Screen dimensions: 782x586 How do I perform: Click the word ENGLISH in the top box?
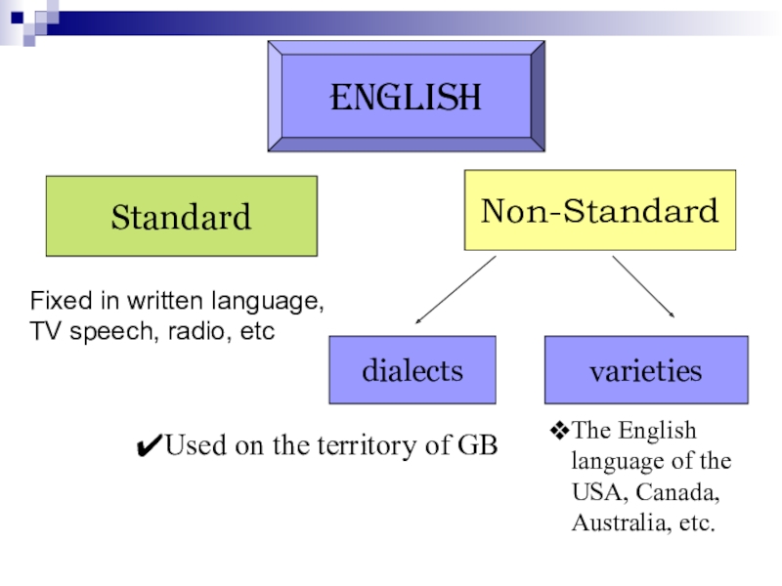tap(406, 98)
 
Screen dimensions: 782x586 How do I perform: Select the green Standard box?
tap(181, 216)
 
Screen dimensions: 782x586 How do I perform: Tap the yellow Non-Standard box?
tap(600, 210)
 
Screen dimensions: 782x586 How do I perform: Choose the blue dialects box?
tap(413, 370)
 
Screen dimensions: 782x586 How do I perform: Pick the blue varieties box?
tap(645, 370)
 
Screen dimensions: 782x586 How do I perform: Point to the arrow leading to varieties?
tap(643, 286)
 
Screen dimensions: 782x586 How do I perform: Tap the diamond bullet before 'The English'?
tap(560, 430)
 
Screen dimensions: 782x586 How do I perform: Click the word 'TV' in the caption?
tap(43, 331)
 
